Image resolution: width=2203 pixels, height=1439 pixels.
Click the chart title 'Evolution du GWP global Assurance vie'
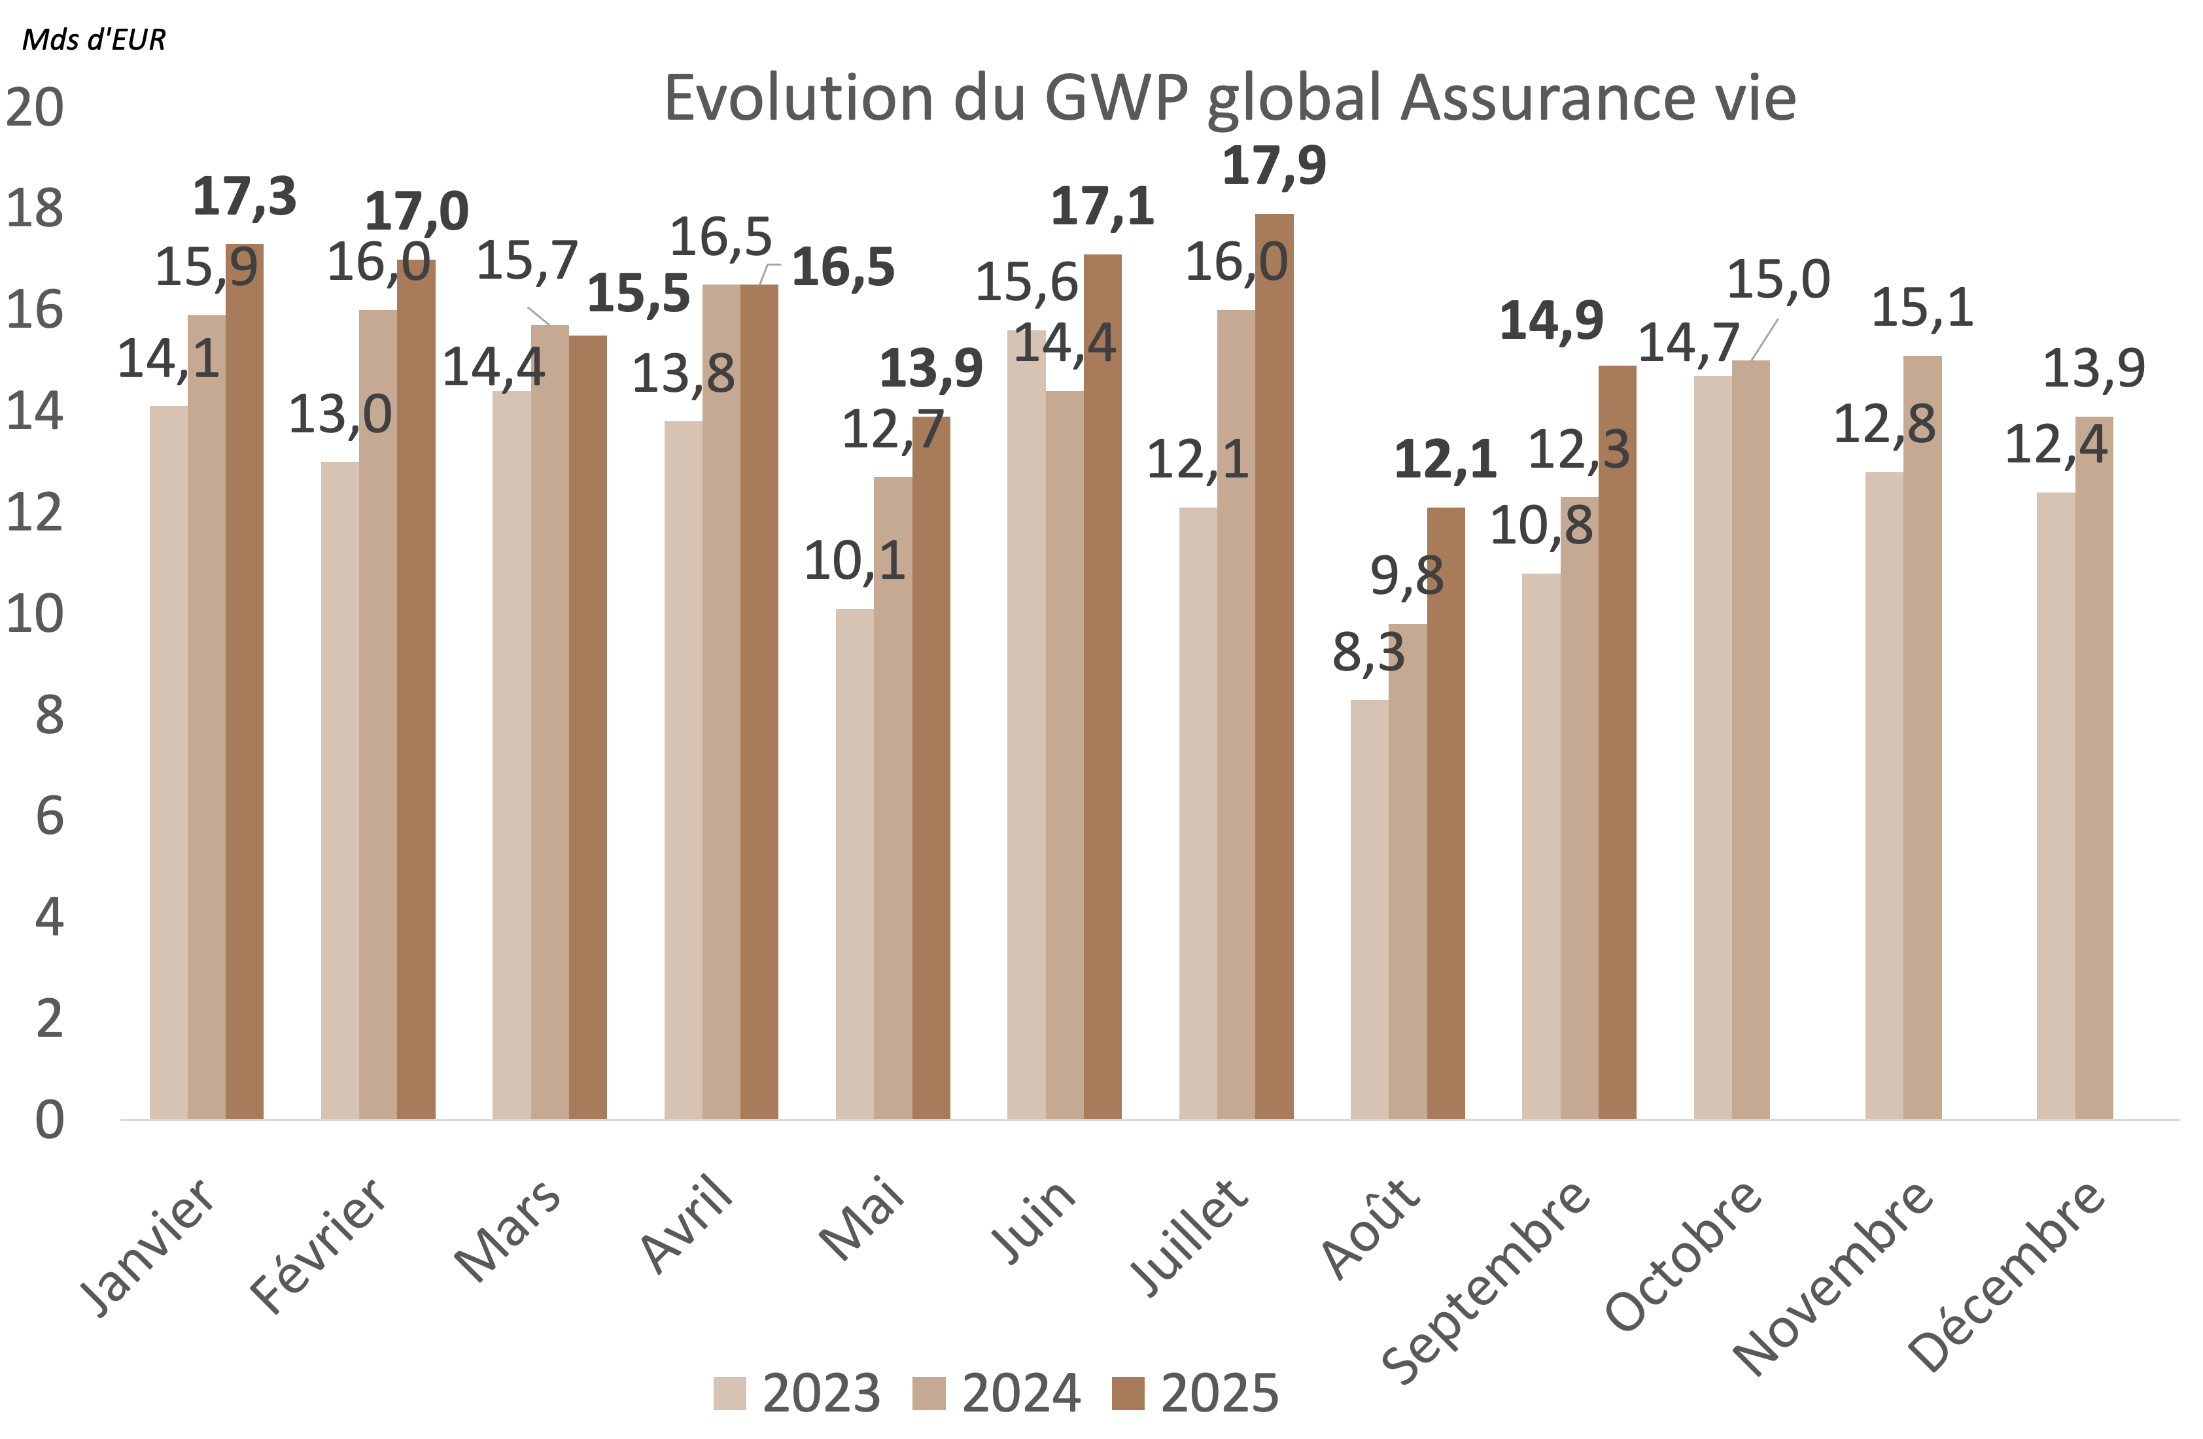(x=1229, y=98)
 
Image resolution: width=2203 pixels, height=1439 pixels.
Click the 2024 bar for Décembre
(x=2094, y=768)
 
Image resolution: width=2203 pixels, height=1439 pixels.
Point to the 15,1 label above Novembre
(x=1922, y=307)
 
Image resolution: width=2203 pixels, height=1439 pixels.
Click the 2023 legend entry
(x=796, y=1393)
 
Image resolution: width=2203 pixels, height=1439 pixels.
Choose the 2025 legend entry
(x=1195, y=1393)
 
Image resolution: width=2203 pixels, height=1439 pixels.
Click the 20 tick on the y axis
(x=35, y=107)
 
